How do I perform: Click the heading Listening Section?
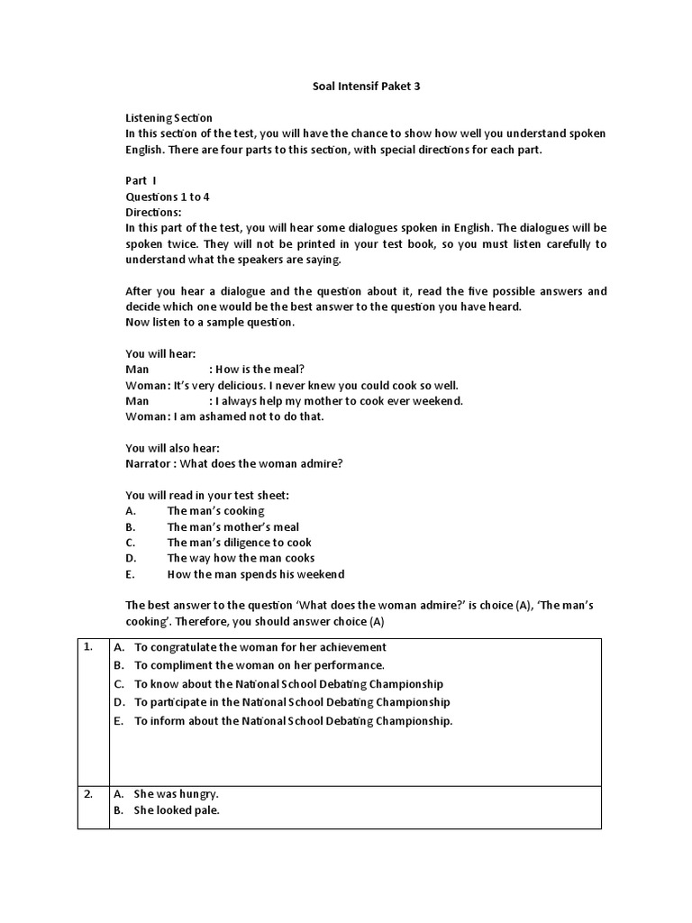pyautogui.click(x=168, y=118)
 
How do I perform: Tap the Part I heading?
pyautogui.click(x=141, y=180)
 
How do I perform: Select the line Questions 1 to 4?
pyautogui.click(x=168, y=196)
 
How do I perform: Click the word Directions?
pyautogui.click(x=153, y=212)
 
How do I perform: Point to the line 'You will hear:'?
pyautogui.click(x=160, y=354)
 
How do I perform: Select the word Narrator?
pyautogui.click(x=149, y=463)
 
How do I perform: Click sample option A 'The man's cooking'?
pyautogui.click(x=215, y=511)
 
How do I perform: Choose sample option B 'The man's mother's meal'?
pyautogui.click(x=232, y=526)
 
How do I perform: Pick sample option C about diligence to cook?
pyautogui.click(x=239, y=543)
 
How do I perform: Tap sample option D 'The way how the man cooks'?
pyautogui.click(x=241, y=558)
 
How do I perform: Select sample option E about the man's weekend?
pyautogui.click(x=255, y=574)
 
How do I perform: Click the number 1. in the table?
pyautogui.click(x=88, y=647)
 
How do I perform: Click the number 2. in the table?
pyautogui.click(x=88, y=794)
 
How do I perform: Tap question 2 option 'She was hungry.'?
pyautogui.click(x=176, y=794)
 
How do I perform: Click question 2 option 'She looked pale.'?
pyautogui.click(x=177, y=810)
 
